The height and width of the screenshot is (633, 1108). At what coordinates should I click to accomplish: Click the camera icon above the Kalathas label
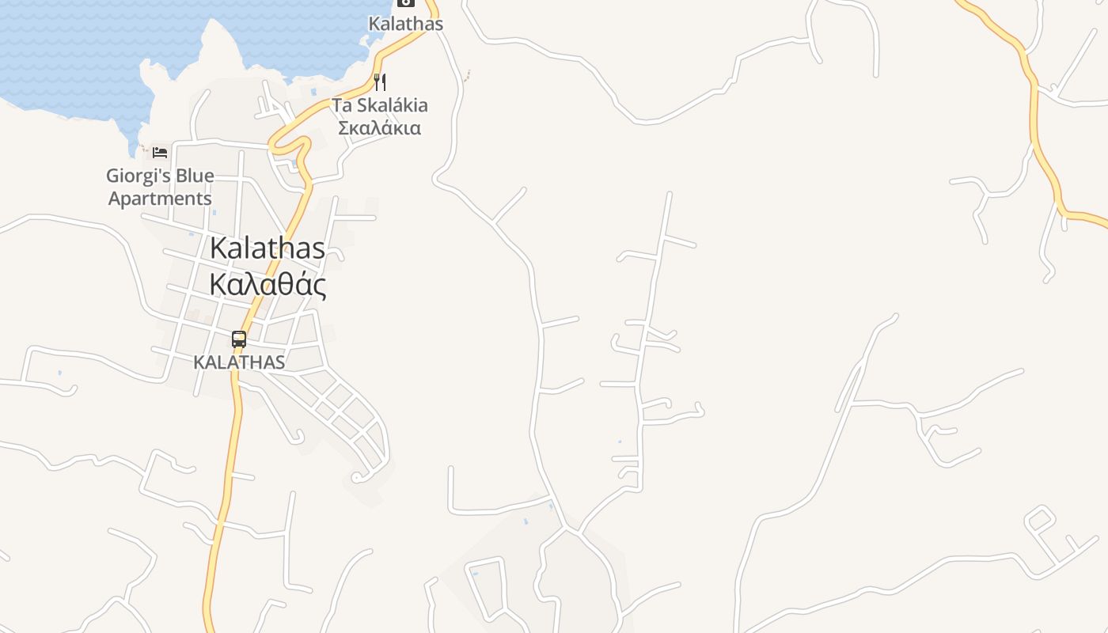(x=406, y=2)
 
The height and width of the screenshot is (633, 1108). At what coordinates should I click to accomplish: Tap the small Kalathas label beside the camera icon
(x=406, y=24)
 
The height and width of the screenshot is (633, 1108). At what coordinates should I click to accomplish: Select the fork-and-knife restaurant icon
(x=380, y=82)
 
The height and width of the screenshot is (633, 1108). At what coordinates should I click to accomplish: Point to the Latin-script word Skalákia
(x=392, y=105)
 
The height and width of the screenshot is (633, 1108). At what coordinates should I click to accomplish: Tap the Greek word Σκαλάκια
(x=379, y=127)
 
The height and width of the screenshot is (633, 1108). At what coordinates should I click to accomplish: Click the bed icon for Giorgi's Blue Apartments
(x=160, y=152)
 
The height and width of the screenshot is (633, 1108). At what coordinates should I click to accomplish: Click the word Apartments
(x=160, y=198)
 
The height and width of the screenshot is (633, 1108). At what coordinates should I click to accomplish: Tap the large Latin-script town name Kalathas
(x=268, y=248)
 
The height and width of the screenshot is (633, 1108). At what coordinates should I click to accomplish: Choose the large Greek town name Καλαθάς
(x=268, y=284)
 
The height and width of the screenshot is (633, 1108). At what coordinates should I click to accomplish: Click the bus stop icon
(x=239, y=339)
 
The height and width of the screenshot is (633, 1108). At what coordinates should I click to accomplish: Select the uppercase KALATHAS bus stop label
(x=239, y=362)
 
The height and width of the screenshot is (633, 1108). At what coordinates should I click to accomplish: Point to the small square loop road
(x=1040, y=520)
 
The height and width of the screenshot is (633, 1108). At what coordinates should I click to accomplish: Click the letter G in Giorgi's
(x=114, y=176)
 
